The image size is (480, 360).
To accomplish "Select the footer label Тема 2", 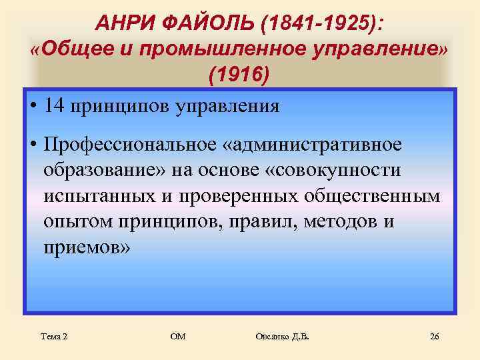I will (x=55, y=337).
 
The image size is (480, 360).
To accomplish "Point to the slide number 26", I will (x=435, y=337).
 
